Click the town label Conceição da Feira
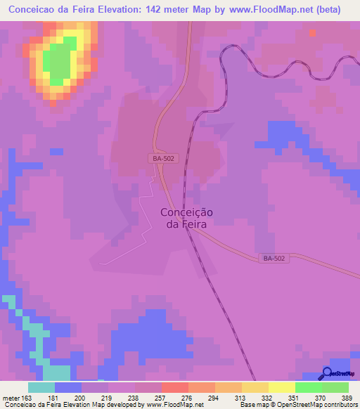(x=187, y=219)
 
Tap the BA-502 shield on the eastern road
(x=274, y=259)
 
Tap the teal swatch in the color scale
(x=41, y=387)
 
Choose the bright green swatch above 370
(x=309, y=387)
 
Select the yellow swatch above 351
(x=282, y=387)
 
